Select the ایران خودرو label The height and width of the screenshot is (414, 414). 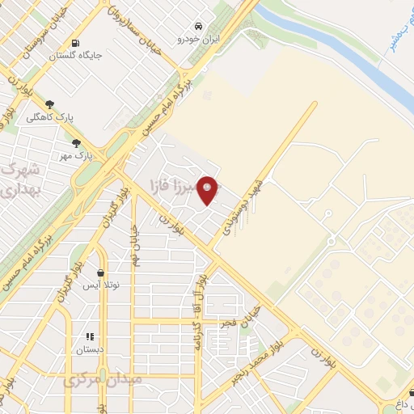click(200, 38)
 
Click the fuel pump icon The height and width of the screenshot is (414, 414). click(75, 43)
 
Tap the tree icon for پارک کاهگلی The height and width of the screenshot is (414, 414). click(51, 104)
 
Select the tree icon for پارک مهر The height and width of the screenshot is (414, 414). click(76, 142)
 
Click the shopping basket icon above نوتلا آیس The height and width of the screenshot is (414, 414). click(100, 273)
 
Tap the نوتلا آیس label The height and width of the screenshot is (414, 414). click(103, 286)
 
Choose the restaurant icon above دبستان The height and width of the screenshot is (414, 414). click(91, 336)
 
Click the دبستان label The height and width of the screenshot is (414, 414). click(91, 350)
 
